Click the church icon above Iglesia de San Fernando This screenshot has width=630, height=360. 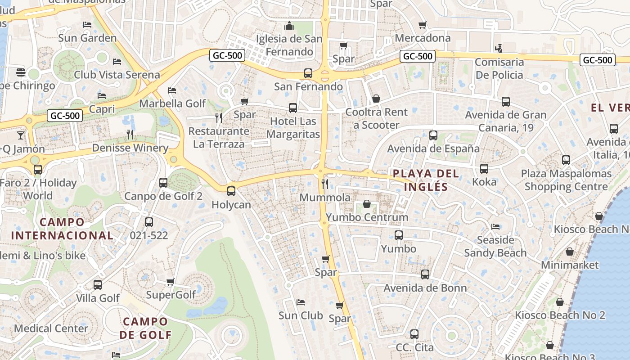pyautogui.click(x=289, y=25)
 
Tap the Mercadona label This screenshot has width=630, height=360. pyautogui.click(x=423, y=38)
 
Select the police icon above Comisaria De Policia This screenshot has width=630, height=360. pyautogui.click(x=498, y=48)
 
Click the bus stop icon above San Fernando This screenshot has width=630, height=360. pyautogui.click(x=308, y=73)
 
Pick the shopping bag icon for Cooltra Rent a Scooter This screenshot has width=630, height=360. pyautogui.click(x=376, y=98)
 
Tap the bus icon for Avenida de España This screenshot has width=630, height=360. pyautogui.click(x=433, y=135)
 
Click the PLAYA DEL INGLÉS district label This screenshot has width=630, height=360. pyautogui.click(x=426, y=180)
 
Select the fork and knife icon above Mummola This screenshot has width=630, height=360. pyautogui.click(x=325, y=184)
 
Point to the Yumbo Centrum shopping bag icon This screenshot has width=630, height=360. pyautogui.click(x=367, y=204)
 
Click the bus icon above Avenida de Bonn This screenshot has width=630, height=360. pyautogui.click(x=425, y=274)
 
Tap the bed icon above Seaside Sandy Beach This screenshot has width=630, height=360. pyautogui.click(x=495, y=226)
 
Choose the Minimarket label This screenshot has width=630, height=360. pyautogui.click(x=570, y=265)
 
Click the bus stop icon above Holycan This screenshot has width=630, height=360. pyautogui.click(x=231, y=191)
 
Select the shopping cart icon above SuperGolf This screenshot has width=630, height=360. pyautogui.click(x=171, y=282)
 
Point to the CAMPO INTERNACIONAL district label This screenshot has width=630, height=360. pyautogui.click(x=62, y=229)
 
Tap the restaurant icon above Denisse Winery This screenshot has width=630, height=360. pyautogui.click(x=130, y=134)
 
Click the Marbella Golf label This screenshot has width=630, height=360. pyautogui.click(x=172, y=103)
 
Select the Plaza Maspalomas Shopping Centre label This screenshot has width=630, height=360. pyautogui.click(x=566, y=180)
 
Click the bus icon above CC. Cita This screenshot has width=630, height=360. pyautogui.click(x=414, y=334)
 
